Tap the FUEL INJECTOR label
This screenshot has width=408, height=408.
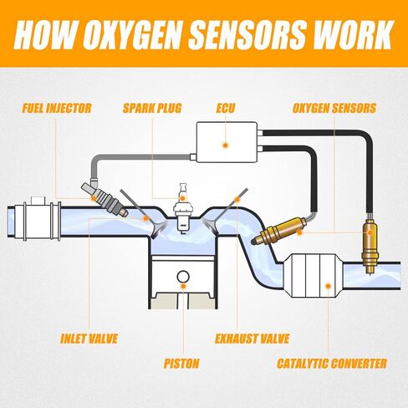click(57, 109)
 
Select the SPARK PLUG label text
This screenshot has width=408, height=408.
click(152, 109)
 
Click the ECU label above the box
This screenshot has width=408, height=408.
click(226, 109)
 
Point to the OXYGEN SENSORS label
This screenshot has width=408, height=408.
click(334, 109)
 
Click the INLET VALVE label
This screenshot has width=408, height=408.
click(89, 339)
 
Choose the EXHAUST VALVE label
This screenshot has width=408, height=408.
click(252, 339)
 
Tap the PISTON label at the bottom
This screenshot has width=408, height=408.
click(181, 364)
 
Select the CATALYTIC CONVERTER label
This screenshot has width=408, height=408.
click(332, 364)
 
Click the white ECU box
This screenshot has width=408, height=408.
click(227, 142)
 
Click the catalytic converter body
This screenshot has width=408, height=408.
click(313, 276)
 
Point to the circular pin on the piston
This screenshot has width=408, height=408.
click(183, 277)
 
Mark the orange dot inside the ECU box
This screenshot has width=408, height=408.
click(226, 145)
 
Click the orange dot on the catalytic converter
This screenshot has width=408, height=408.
click(329, 286)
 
